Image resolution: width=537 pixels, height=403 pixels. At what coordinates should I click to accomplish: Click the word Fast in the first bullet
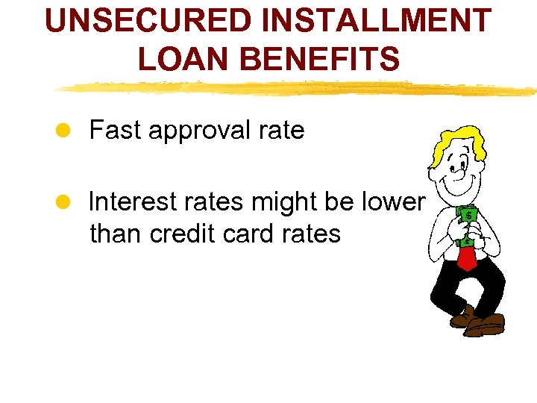point(116,131)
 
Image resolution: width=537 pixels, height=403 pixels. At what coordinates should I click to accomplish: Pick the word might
point(287,201)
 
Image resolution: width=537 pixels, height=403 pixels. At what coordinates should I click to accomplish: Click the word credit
point(185,234)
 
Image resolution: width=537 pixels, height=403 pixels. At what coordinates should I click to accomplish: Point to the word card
point(253,234)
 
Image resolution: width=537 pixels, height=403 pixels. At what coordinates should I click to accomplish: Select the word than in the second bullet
point(116,234)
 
